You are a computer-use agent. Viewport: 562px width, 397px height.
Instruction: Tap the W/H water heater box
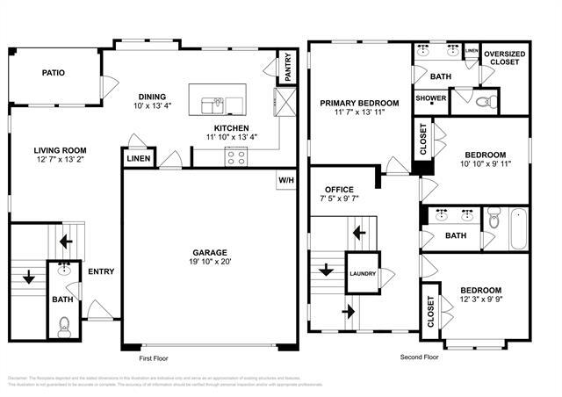pos(286,180)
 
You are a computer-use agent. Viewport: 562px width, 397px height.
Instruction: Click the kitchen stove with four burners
pos(235,156)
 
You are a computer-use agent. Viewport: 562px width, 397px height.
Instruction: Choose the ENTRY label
pos(100,271)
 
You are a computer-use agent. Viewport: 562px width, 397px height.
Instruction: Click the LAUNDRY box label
pos(362,273)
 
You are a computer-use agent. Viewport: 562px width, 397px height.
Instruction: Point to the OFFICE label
pos(339,189)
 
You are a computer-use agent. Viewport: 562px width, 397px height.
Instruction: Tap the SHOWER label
pos(430,98)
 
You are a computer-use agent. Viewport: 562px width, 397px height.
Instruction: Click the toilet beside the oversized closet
pos(485,102)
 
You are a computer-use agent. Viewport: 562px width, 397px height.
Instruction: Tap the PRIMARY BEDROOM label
pos(359,103)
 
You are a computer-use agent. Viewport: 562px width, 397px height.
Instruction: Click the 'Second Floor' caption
pos(418,358)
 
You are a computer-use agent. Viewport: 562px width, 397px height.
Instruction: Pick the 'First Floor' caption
pos(153,358)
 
